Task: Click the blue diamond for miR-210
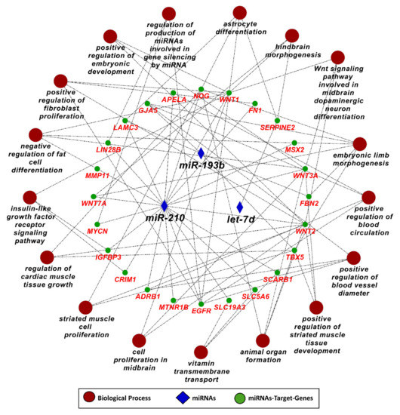[x=165, y=205]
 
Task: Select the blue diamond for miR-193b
[x=201, y=152]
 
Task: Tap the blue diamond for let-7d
[x=240, y=207]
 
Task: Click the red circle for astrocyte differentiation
[x=240, y=12]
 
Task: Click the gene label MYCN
[x=99, y=230]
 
